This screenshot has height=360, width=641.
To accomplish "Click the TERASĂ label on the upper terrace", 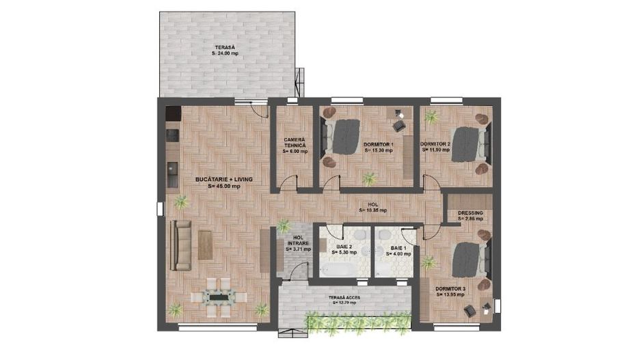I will [224, 46].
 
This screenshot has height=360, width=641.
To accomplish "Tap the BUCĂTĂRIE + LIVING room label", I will [224, 178].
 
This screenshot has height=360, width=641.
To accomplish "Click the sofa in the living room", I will [182, 245].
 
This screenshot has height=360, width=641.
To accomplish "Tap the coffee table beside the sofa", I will [206, 245].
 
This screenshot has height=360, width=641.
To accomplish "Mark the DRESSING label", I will [470, 213].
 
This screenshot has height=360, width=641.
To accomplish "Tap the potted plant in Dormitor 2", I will [431, 117].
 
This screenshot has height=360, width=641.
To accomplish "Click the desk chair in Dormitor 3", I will [472, 311].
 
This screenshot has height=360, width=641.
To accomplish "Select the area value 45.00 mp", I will [226, 185].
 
